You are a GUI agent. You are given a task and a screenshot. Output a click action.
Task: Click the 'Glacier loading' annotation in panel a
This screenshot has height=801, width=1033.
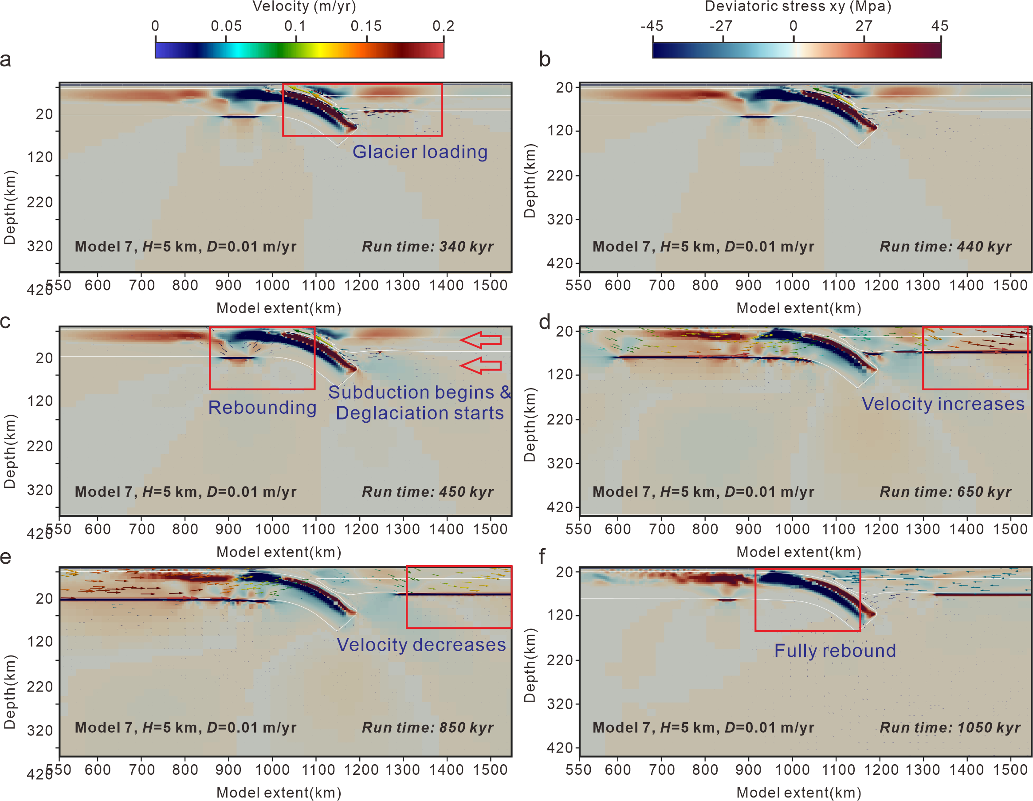click(420, 152)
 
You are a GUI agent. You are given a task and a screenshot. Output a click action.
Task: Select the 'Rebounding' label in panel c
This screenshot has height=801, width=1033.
click(262, 408)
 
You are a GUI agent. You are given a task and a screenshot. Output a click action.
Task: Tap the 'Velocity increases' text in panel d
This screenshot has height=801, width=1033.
click(943, 404)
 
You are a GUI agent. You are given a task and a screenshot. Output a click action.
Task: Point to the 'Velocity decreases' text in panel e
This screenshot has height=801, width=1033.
click(421, 645)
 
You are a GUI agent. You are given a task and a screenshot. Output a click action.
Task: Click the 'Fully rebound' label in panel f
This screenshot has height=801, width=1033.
click(835, 651)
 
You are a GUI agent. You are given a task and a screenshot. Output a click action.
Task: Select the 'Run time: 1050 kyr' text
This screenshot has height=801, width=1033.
click(950, 728)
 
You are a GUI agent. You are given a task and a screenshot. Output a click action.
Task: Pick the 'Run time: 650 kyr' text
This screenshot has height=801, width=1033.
click(945, 492)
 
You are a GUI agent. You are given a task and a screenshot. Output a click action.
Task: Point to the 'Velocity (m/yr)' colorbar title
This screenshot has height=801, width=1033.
click(304, 7)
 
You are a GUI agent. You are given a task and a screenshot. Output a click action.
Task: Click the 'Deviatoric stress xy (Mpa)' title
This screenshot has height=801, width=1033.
click(798, 7)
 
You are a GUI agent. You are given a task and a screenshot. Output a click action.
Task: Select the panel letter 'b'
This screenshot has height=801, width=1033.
click(545, 60)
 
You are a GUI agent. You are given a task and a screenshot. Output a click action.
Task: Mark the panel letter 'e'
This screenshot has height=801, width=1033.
click(6, 557)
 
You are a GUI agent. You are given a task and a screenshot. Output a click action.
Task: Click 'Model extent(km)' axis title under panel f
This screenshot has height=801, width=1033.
click(798, 793)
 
